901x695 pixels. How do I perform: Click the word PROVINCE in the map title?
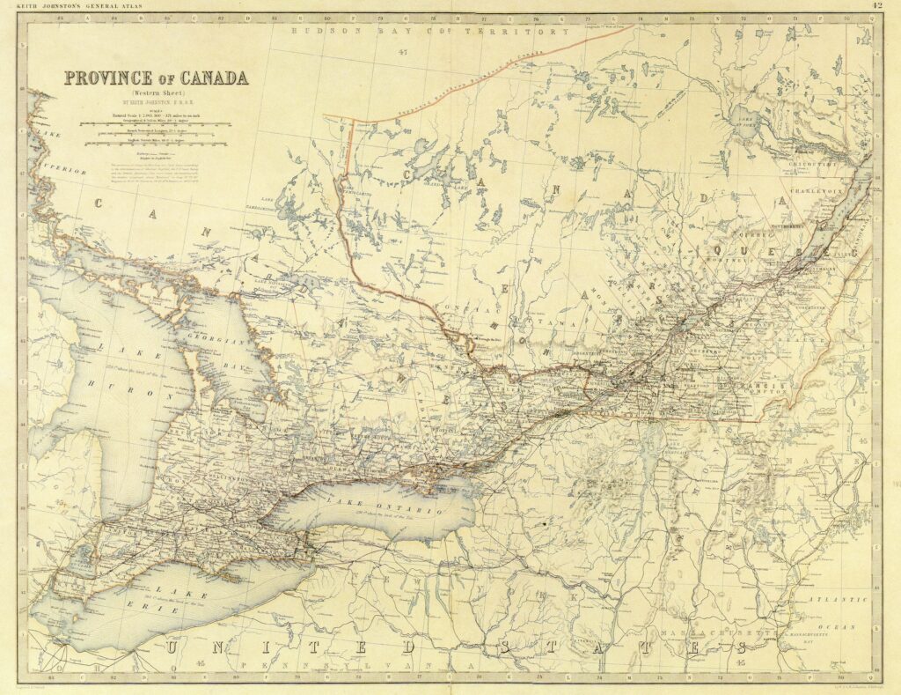click(x=111, y=78)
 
